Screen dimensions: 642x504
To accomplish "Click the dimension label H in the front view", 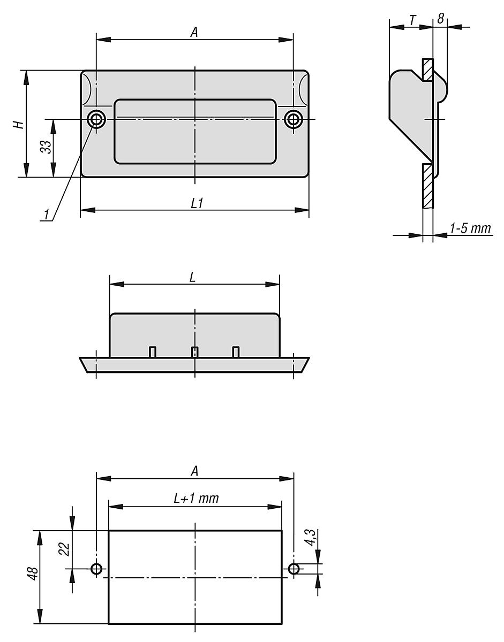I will click(18, 124).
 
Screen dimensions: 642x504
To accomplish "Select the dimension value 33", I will click(46, 147).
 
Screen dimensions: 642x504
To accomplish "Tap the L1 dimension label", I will click(196, 203).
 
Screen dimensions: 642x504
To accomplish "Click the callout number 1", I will click(47, 215).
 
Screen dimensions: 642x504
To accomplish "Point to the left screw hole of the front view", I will click(96, 119).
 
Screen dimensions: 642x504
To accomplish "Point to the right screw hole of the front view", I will click(293, 119).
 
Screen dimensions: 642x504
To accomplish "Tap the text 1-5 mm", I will click(470, 228).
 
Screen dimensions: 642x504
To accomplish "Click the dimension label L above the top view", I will click(192, 277).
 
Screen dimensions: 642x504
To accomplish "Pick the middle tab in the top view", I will click(195, 351).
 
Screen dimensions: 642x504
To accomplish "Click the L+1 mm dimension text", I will click(196, 499).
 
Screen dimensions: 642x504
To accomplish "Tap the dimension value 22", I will click(64, 549).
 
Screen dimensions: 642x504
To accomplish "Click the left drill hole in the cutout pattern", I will click(96, 569).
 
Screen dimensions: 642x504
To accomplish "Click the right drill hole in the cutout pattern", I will click(294, 569).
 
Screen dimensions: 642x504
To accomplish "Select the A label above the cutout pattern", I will click(194, 471).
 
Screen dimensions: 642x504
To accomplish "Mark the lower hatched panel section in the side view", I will click(427, 186).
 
